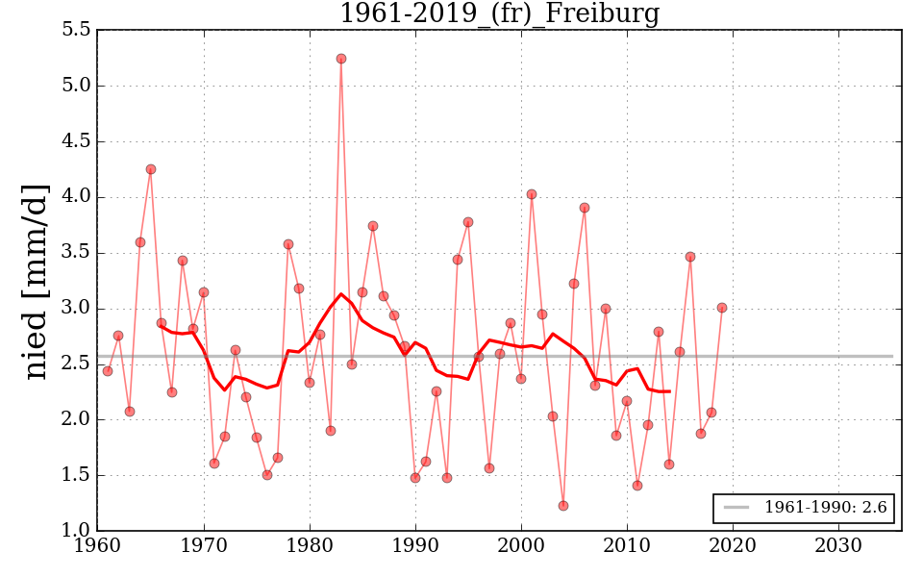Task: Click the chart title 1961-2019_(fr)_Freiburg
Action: click(499, 13)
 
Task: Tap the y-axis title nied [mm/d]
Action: click(37, 281)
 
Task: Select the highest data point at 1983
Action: click(341, 59)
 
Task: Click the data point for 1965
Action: click(151, 169)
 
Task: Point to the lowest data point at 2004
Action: click(563, 506)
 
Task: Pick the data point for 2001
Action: click(532, 194)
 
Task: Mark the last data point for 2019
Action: click(722, 308)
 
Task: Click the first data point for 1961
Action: click(108, 371)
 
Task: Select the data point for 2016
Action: click(690, 257)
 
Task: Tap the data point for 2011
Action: click(637, 486)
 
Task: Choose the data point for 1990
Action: click(415, 478)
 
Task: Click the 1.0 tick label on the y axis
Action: click(78, 531)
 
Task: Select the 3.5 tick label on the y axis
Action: click(78, 253)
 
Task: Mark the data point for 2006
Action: click(585, 208)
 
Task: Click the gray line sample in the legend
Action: click(736, 508)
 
